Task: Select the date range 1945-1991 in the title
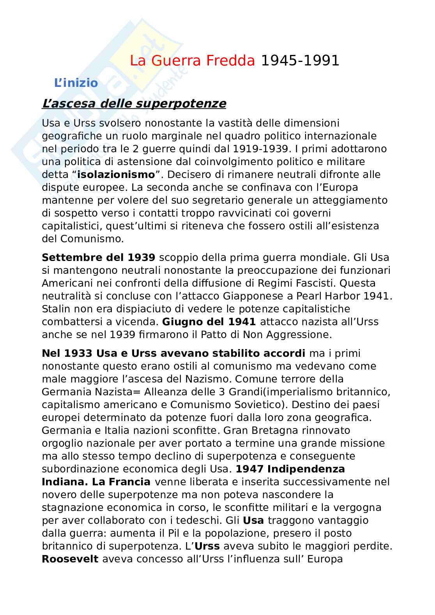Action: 300,61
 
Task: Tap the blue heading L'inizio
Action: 76,83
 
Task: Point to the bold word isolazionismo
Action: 116,174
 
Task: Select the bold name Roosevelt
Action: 70,559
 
